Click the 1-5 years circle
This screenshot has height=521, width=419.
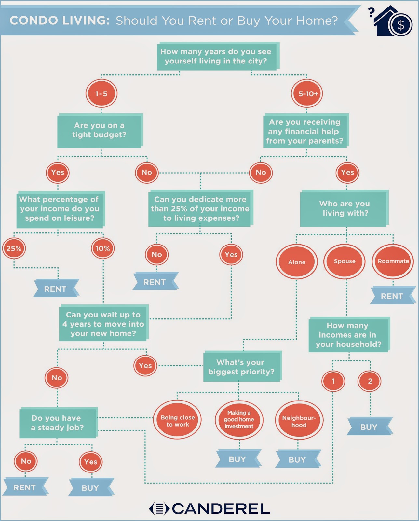click(101, 93)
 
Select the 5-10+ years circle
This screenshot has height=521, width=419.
click(307, 93)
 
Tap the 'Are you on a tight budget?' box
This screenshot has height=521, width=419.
click(100, 131)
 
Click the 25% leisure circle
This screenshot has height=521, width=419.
click(14, 248)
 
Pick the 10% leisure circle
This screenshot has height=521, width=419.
click(103, 248)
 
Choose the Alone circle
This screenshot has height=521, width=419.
click(297, 262)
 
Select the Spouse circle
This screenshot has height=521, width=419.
click(345, 261)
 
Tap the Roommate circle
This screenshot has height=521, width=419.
click(393, 261)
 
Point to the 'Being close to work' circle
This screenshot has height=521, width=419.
click(177, 421)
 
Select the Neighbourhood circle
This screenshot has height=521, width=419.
click(299, 420)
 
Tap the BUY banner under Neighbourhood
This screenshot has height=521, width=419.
click(298, 459)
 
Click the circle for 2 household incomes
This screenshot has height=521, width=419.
click(370, 381)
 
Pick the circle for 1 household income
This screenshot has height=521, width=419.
click(333, 381)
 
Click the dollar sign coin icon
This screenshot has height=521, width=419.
click(400, 25)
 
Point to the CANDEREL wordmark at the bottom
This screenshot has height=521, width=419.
click(209, 509)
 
